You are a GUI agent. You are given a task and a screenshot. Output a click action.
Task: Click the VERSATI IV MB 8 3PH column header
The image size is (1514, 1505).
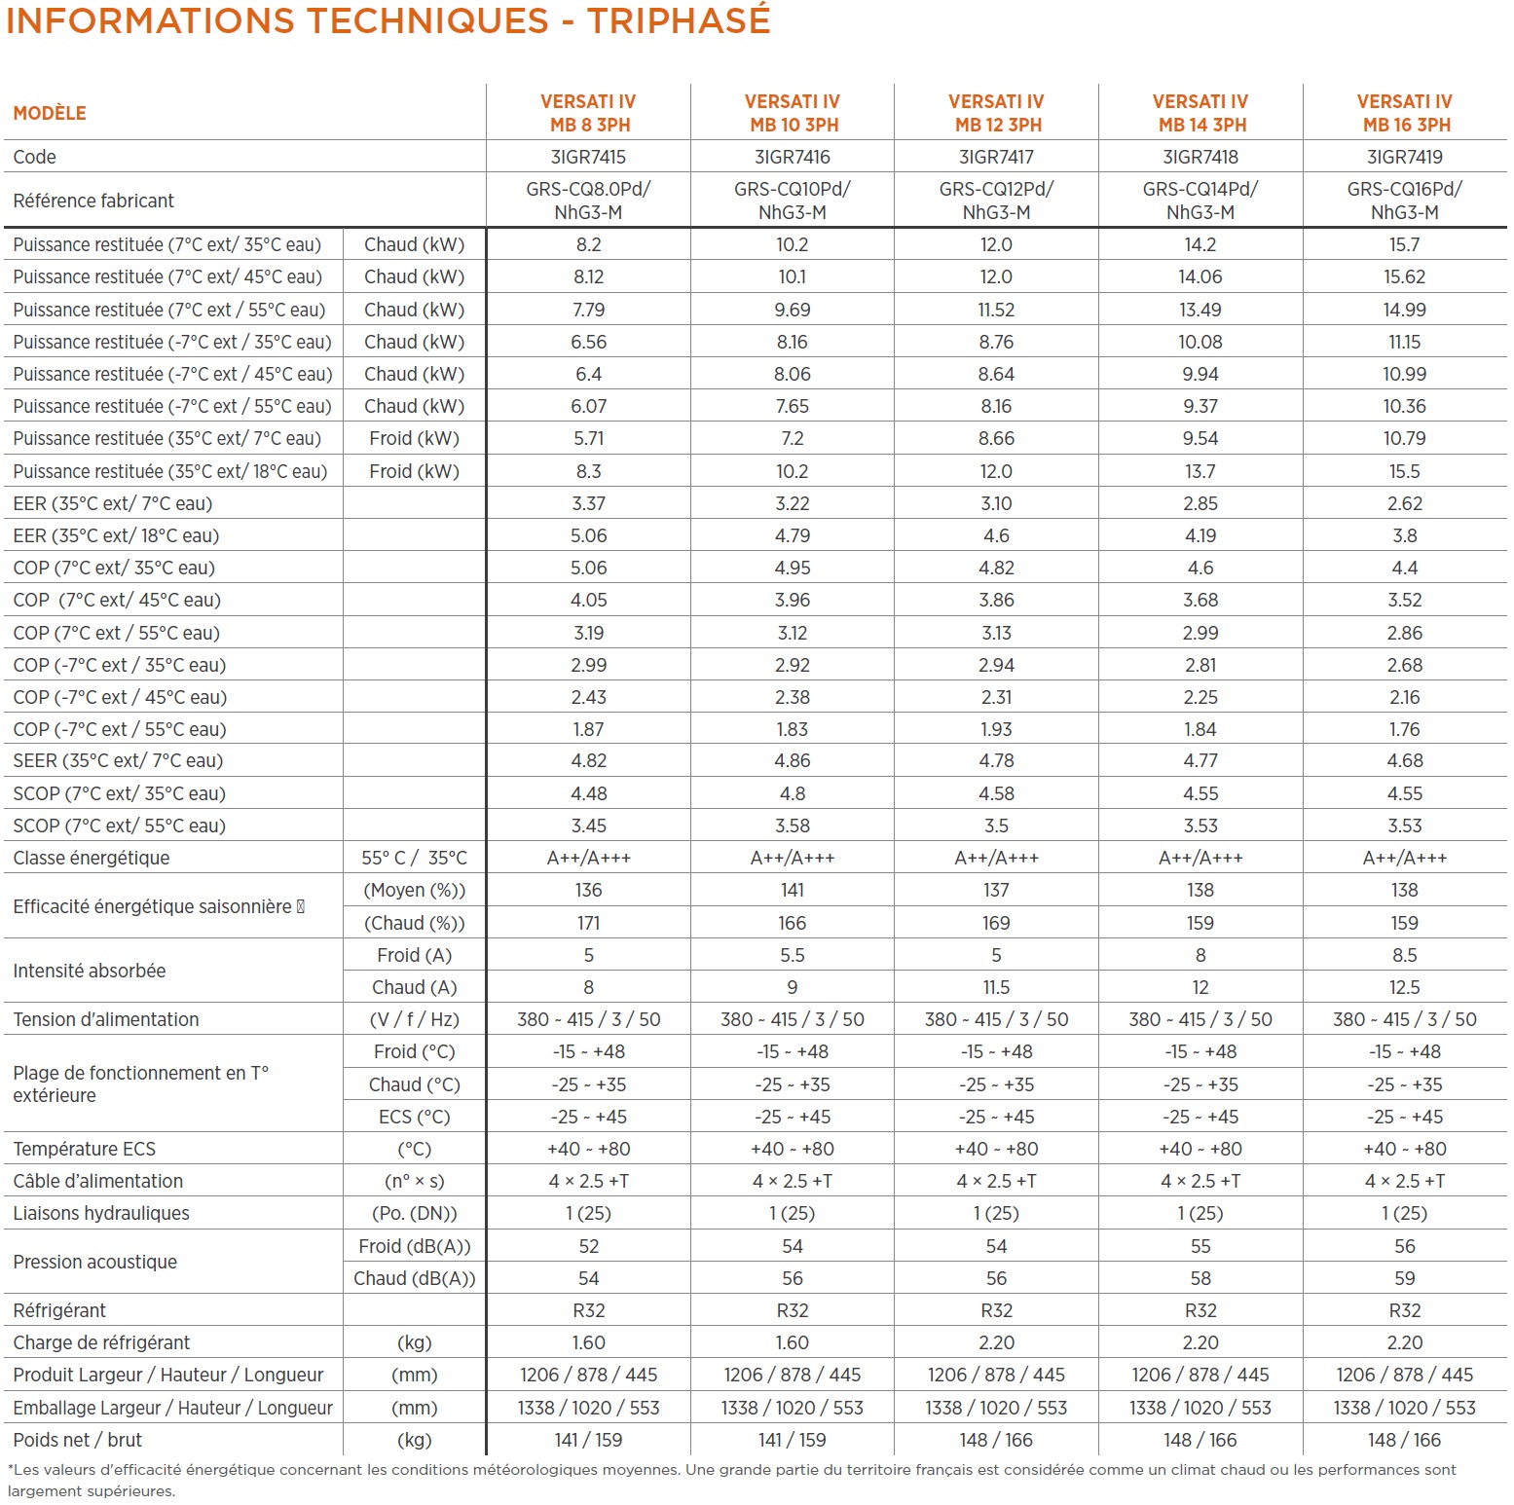(588, 113)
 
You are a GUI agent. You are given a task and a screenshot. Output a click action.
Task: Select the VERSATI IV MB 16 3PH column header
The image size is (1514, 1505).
(1404, 113)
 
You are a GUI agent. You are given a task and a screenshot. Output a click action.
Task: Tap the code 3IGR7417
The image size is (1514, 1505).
(996, 157)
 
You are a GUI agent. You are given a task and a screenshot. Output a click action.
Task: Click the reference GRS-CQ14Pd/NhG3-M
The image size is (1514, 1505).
(1200, 201)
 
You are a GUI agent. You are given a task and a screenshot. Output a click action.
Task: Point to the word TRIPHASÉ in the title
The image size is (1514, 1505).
(679, 19)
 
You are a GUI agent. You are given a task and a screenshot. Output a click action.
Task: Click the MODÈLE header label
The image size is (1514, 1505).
(50, 113)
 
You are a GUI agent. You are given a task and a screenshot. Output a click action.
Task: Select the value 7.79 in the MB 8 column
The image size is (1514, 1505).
(588, 310)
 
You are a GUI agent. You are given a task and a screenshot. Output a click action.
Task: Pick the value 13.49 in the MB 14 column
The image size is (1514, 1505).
(1200, 310)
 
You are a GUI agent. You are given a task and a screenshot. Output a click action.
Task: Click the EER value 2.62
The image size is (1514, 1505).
(1404, 503)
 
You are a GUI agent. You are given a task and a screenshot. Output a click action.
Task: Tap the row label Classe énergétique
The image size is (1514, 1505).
(91, 858)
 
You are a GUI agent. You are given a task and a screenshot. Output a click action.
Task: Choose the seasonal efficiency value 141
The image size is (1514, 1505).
(793, 890)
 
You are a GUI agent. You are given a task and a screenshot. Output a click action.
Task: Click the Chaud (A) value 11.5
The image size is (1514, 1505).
(996, 987)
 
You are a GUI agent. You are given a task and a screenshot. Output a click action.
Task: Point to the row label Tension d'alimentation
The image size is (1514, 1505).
(105, 1019)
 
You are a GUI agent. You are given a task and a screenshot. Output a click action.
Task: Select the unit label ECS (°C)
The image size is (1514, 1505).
(414, 1117)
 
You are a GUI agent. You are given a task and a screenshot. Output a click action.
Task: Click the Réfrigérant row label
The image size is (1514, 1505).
(59, 1310)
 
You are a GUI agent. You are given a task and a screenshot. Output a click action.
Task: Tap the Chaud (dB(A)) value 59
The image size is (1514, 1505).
(1404, 1278)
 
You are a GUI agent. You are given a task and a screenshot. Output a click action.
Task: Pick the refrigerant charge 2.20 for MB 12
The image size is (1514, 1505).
(996, 1342)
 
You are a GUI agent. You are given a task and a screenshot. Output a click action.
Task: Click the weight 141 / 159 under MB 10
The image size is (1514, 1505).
(793, 1440)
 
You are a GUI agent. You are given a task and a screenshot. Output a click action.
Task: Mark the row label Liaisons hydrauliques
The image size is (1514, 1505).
(101, 1213)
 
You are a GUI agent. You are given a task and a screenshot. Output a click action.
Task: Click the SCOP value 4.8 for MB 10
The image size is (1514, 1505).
(793, 793)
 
